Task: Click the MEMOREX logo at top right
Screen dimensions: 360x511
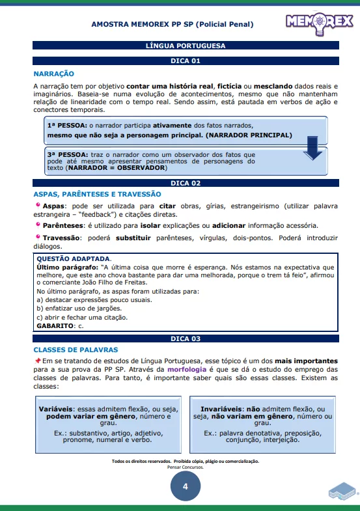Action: click(x=318, y=24)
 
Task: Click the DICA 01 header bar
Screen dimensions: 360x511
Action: click(x=186, y=61)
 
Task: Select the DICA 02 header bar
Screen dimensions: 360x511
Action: click(x=186, y=183)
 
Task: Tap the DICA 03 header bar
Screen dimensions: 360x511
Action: click(x=186, y=338)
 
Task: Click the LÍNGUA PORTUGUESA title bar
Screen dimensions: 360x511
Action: click(x=186, y=46)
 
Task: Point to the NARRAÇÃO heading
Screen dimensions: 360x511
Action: click(x=54, y=74)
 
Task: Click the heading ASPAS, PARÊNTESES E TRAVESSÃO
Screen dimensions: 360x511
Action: click(x=97, y=194)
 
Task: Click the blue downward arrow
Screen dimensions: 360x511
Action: click(x=314, y=152)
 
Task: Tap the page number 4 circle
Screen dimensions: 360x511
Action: click(x=185, y=486)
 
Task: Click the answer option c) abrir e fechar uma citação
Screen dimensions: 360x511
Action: click(x=82, y=317)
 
